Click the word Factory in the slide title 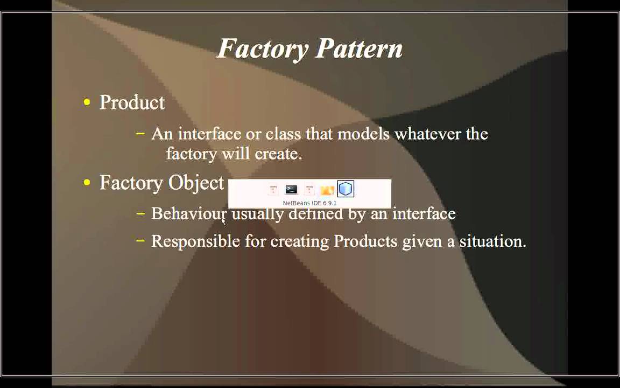pyautogui.click(x=263, y=49)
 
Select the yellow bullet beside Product pyautogui.click(x=87, y=102)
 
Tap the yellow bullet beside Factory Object pyautogui.click(x=87, y=183)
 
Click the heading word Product pyautogui.click(x=132, y=103)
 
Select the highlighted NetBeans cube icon pyautogui.click(x=346, y=189)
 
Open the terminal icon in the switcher pyautogui.click(x=291, y=189)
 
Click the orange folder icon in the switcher pyautogui.click(x=327, y=190)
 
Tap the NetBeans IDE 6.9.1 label pyautogui.click(x=309, y=203)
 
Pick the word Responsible pyautogui.click(x=195, y=241)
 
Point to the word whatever pyautogui.click(x=427, y=134)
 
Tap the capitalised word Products pyautogui.click(x=365, y=241)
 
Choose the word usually pyautogui.click(x=257, y=214)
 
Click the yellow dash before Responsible pyautogui.click(x=141, y=241)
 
